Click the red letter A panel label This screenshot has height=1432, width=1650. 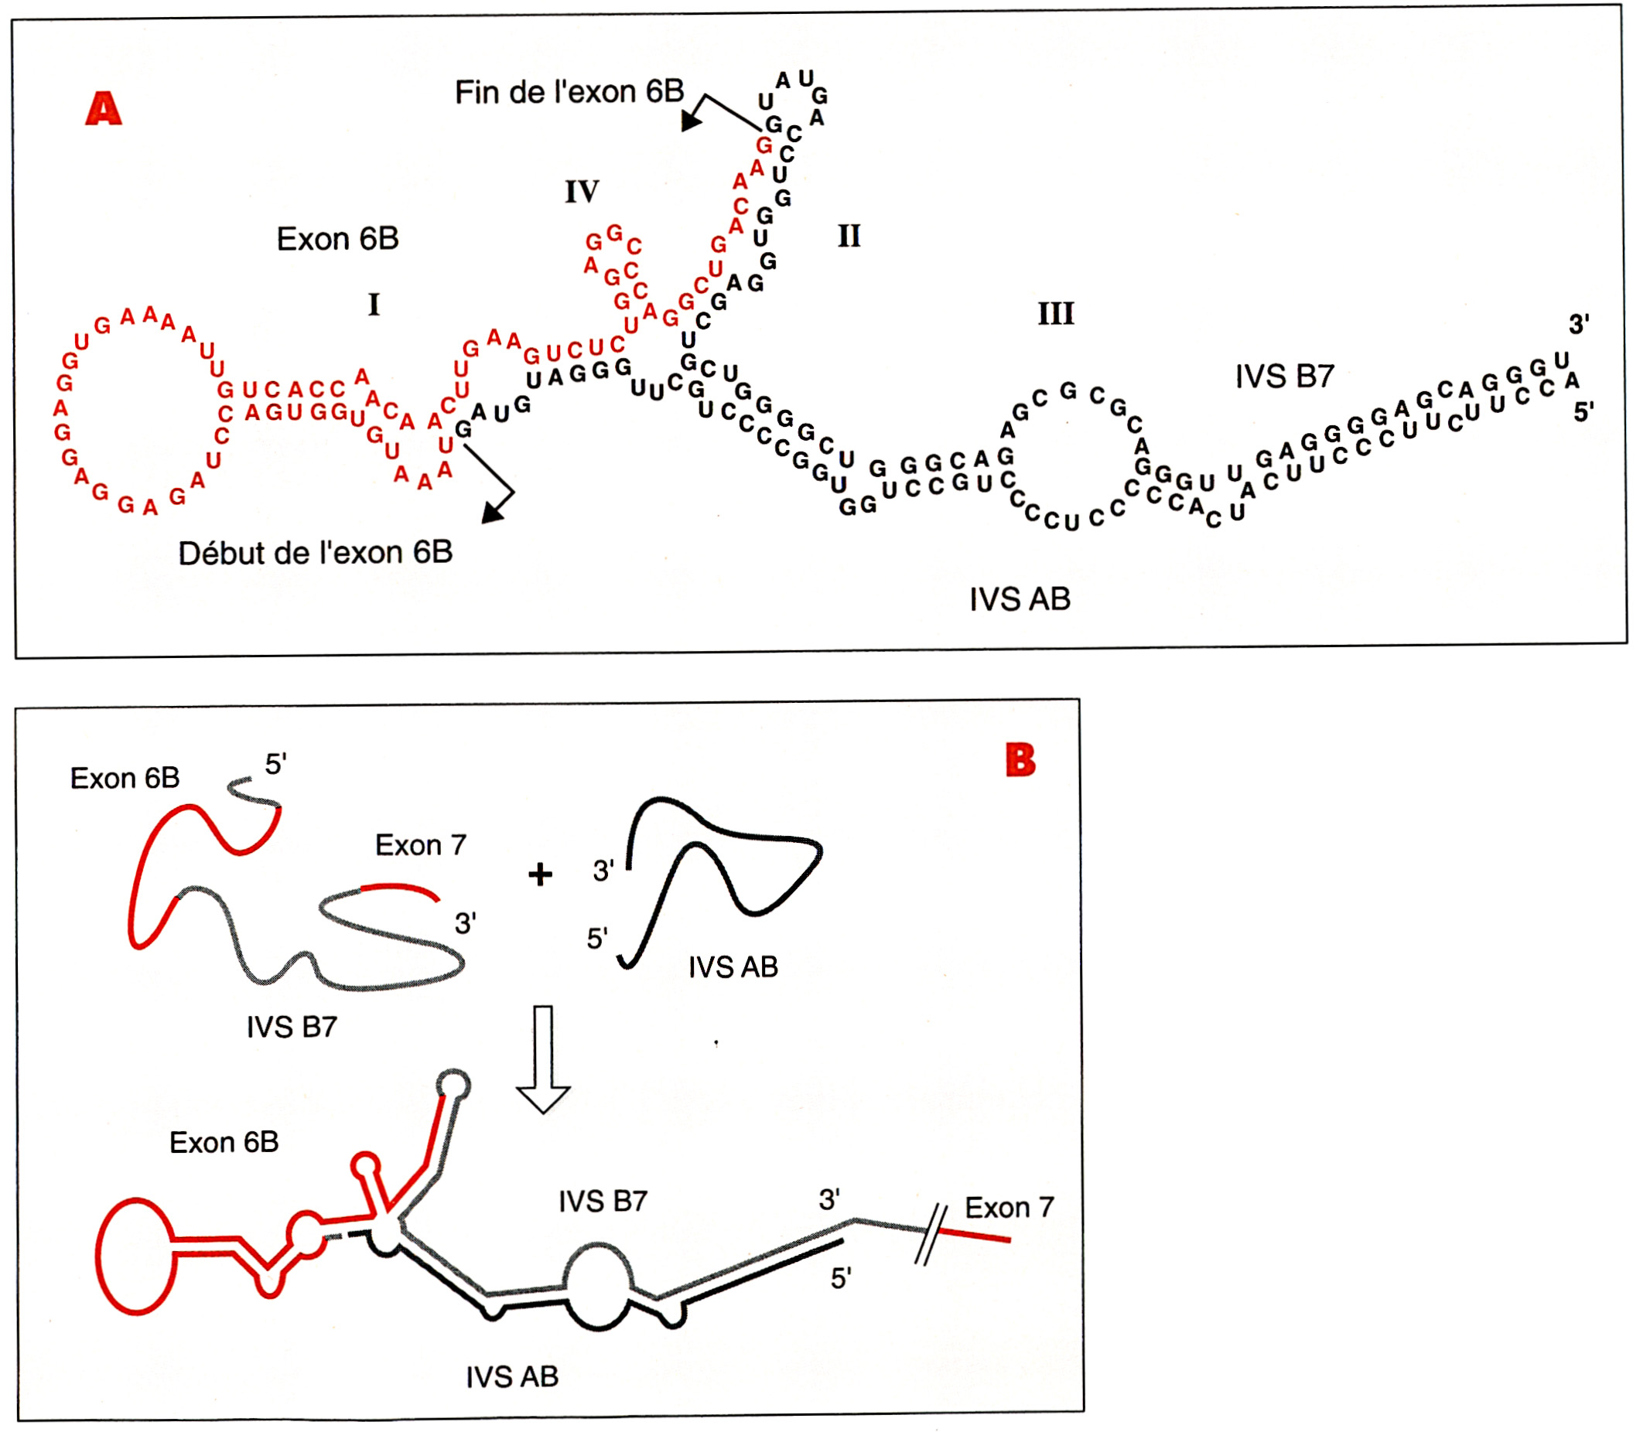pos(104,109)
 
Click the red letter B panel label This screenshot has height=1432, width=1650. pos(1020,760)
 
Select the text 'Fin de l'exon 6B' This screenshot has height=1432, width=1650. pos(569,93)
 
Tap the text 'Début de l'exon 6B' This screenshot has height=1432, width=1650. pos(315,553)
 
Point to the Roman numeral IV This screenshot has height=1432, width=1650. pos(581,192)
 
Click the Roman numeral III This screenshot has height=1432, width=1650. pos(1055,314)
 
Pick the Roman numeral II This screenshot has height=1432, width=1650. pos(849,237)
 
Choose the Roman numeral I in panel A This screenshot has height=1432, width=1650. pos(374,305)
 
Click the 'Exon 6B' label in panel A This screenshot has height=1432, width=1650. pos(337,239)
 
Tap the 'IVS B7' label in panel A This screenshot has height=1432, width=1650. pos(1284,377)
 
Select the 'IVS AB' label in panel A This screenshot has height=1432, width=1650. pos(1020,599)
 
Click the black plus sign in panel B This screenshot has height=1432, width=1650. pos(541,875)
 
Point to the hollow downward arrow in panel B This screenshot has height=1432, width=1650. pos(543,1059)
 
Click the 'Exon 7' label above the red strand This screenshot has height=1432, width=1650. pos(421,845)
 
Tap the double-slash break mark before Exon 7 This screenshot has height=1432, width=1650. pos(930,1235)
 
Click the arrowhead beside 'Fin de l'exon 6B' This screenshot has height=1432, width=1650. pos(691,121)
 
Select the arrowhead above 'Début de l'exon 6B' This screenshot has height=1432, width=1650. pos(494,512)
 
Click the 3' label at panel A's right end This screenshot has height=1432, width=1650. pos(1578,325)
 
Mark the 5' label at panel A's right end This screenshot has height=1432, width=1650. pos(1583,412)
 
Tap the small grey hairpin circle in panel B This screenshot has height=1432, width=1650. pos(453,1085)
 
